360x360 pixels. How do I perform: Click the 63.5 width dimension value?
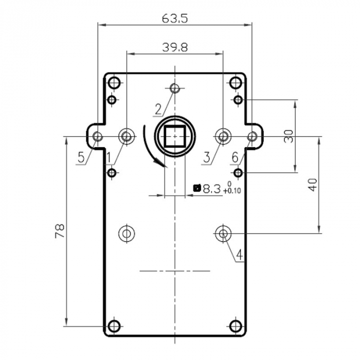(174, 19)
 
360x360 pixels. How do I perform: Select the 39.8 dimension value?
(175, 47)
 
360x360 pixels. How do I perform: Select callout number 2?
(158, 109)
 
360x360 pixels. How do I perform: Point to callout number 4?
(239, 254)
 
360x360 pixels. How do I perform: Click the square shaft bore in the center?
(175, 137)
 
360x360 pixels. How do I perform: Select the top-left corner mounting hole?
(114, 82)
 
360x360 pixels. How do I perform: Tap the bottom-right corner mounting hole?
(236, 326)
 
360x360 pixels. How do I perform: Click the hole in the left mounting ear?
(97, 136)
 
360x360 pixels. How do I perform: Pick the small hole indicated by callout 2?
(175, 88)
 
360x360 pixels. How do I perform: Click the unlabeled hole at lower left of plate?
(126, 233)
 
